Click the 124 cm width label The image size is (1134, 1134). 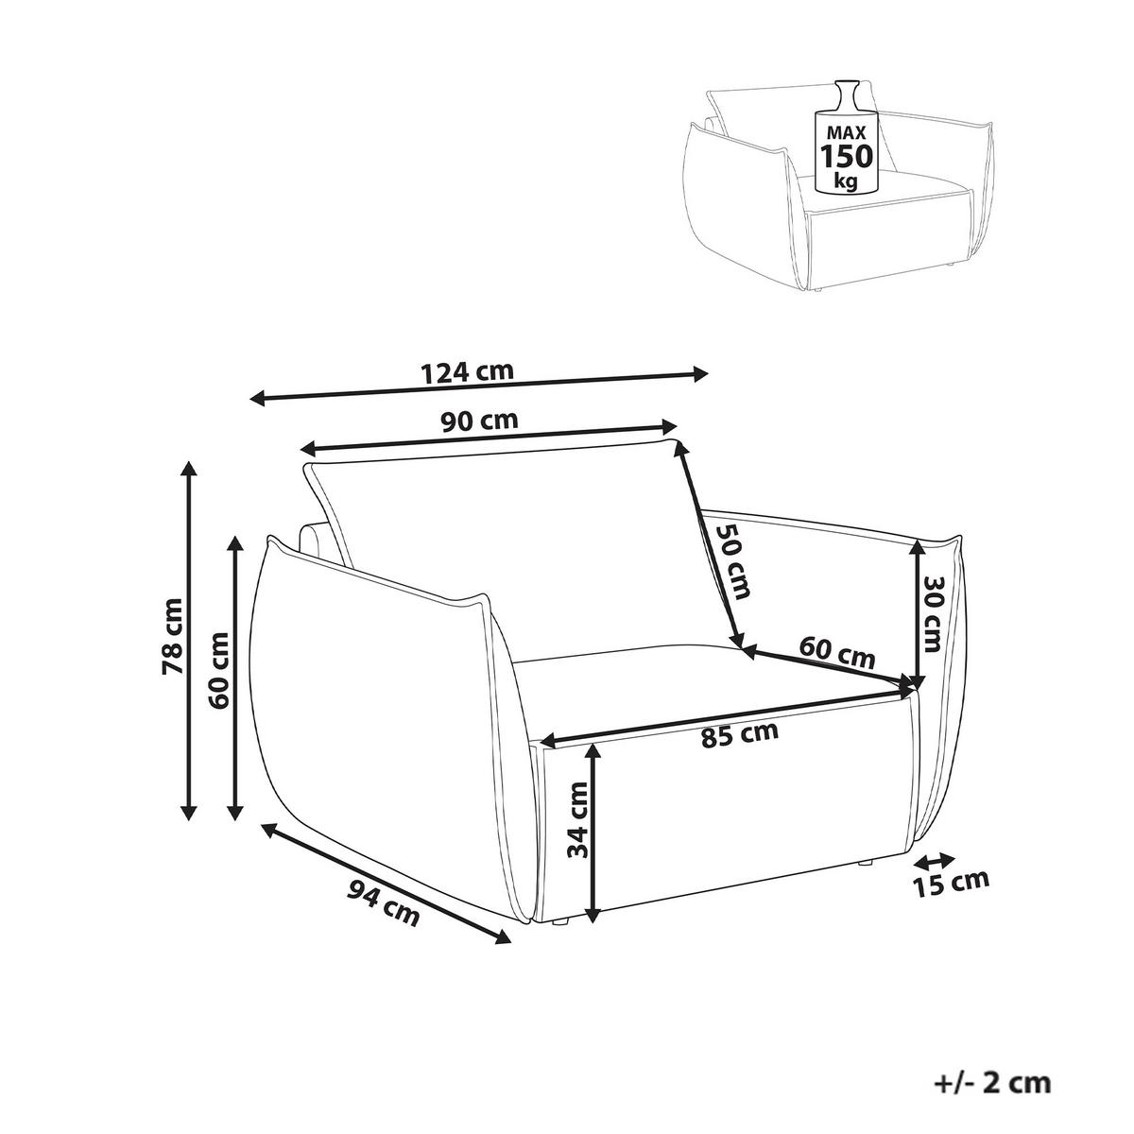[468, 372]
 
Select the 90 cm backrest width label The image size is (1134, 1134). [480, 420]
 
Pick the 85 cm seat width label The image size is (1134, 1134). [740, 734]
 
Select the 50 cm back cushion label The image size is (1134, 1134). [732, 561]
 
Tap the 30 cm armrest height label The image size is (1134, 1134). [933, 613]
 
